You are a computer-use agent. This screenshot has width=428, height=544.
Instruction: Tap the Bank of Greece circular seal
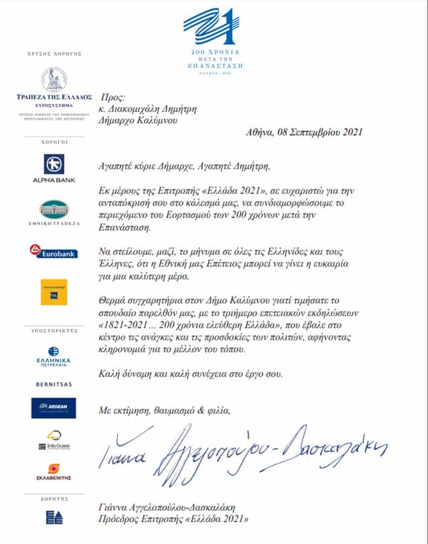pos(54,80)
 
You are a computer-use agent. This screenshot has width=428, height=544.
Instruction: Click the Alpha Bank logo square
pos(54,164)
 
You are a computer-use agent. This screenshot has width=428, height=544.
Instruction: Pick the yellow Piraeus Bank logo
pos(54,292)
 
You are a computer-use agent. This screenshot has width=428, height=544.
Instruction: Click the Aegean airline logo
pos(54,408)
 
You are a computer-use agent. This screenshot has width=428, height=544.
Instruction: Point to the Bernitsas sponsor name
pos(54,383)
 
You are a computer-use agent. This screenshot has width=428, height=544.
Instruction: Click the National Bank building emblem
pos(54,208)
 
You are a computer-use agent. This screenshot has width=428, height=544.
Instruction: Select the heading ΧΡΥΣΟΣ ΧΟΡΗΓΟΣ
pos(54,54)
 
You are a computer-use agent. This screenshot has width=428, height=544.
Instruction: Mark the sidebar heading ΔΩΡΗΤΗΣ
pos(54,499)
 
